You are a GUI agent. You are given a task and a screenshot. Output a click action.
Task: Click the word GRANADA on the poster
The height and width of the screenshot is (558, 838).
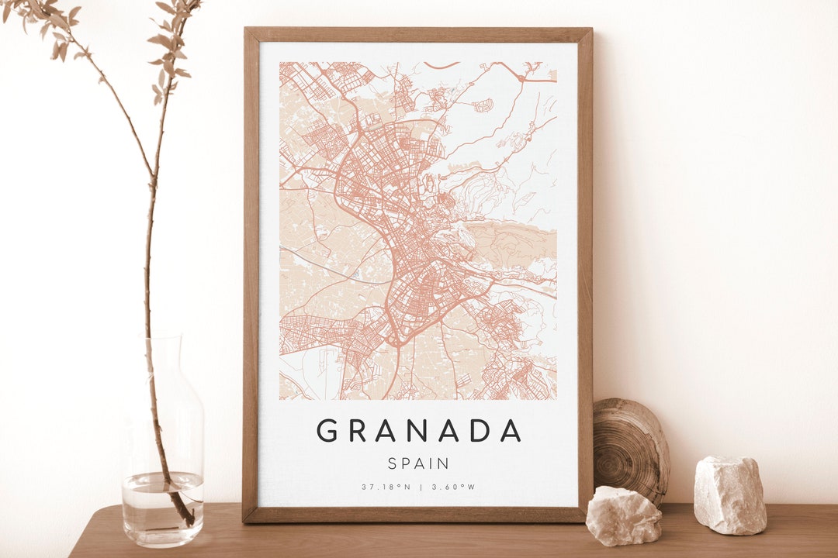click(x=418, y=430)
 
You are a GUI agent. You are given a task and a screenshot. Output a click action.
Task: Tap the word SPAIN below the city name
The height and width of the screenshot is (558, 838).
click(x=418, y=463)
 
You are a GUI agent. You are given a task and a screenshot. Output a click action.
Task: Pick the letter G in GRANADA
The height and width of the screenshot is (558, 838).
click(x=327, y=430)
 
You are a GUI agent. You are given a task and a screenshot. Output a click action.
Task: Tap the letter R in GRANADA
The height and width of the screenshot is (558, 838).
click(x=357, y=430)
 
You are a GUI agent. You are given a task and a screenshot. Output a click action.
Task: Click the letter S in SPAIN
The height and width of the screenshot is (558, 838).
click(x=393, y=463)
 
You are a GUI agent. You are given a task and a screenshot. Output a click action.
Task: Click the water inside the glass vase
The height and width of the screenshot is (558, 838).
click(x=162, y=508)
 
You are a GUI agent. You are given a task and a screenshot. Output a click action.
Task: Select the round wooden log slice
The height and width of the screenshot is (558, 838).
click(x=630, y=449)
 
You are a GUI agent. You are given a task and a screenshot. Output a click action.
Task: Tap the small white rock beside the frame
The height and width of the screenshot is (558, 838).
click(x=623, y=515)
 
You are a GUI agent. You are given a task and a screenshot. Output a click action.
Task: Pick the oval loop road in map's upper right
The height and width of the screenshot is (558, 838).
click(x=483, y=105)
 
